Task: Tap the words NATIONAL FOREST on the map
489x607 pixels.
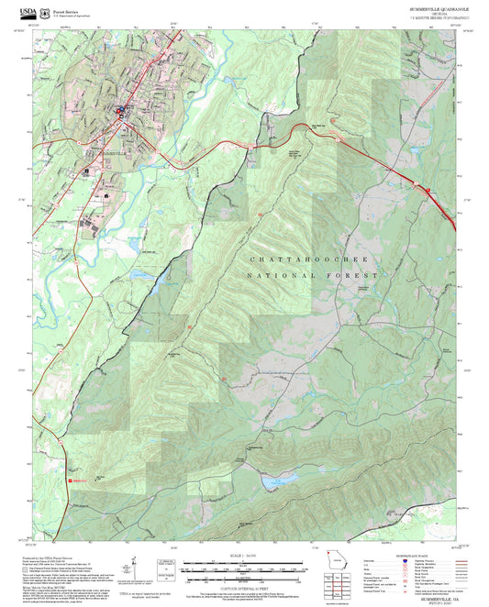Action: (314, 276)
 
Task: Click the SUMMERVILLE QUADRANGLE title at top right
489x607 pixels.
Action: (439, 7)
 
